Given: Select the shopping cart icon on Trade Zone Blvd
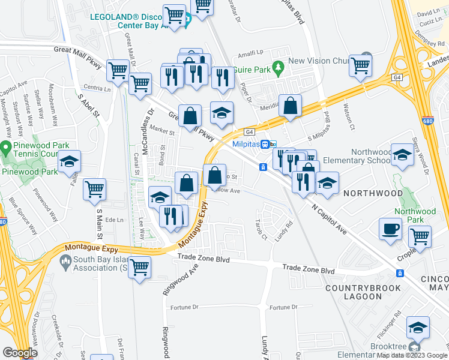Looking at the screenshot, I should click(139, 267).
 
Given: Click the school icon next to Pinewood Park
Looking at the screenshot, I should click(69, 162).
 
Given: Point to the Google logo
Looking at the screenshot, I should click(20, 353).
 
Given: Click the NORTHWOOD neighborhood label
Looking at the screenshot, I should click(372, 193).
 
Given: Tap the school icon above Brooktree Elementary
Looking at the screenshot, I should click(418, 328).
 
